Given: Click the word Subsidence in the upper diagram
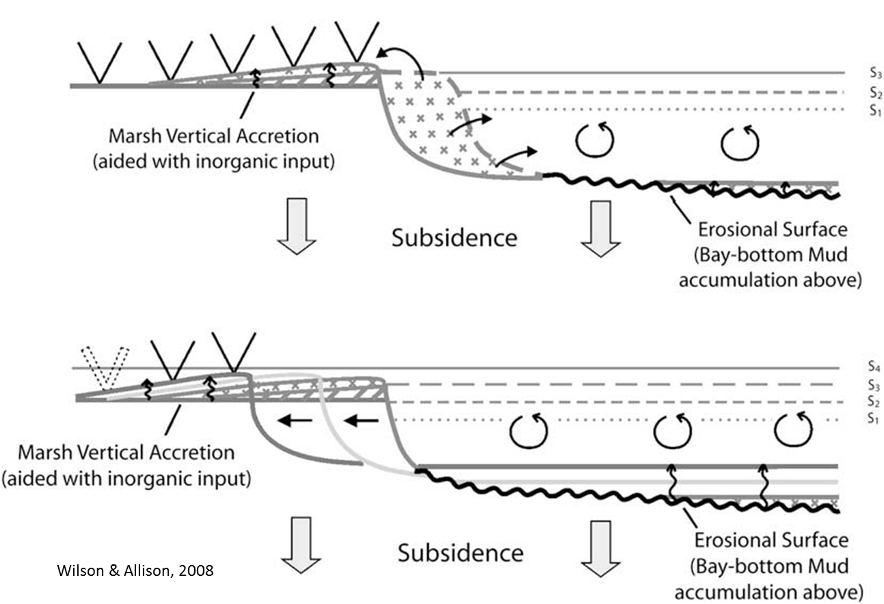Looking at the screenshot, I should pyautogui.click(x=454, y=237).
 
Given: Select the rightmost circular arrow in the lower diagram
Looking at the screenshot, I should pyautogui.click(x=793, y=430).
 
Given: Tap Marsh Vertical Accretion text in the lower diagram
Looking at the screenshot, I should pyautogui.click(x=126, y=452).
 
